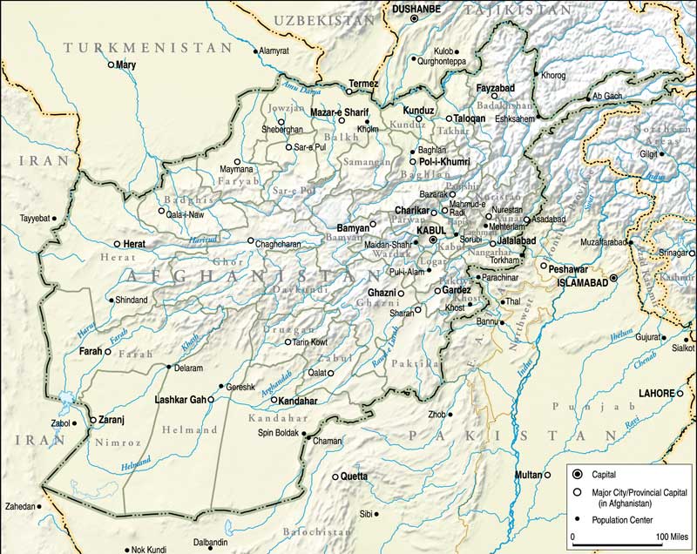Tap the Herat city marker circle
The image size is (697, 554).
coord(117,245)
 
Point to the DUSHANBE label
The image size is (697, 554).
coord(416,9)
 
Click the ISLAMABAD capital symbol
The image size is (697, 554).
coord(613,278)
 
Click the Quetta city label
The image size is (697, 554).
coord(354,476)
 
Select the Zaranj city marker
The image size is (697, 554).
coord(93,420)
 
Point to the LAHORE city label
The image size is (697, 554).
coord(656,393)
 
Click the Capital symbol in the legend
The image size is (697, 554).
coord(579,476)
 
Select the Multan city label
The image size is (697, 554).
coord(528,475)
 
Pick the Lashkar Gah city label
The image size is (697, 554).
coord(179,400)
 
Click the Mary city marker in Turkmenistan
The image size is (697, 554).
coord(111,65)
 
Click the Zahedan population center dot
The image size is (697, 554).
coord(40,506)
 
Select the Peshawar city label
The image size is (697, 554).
coord(570,269)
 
